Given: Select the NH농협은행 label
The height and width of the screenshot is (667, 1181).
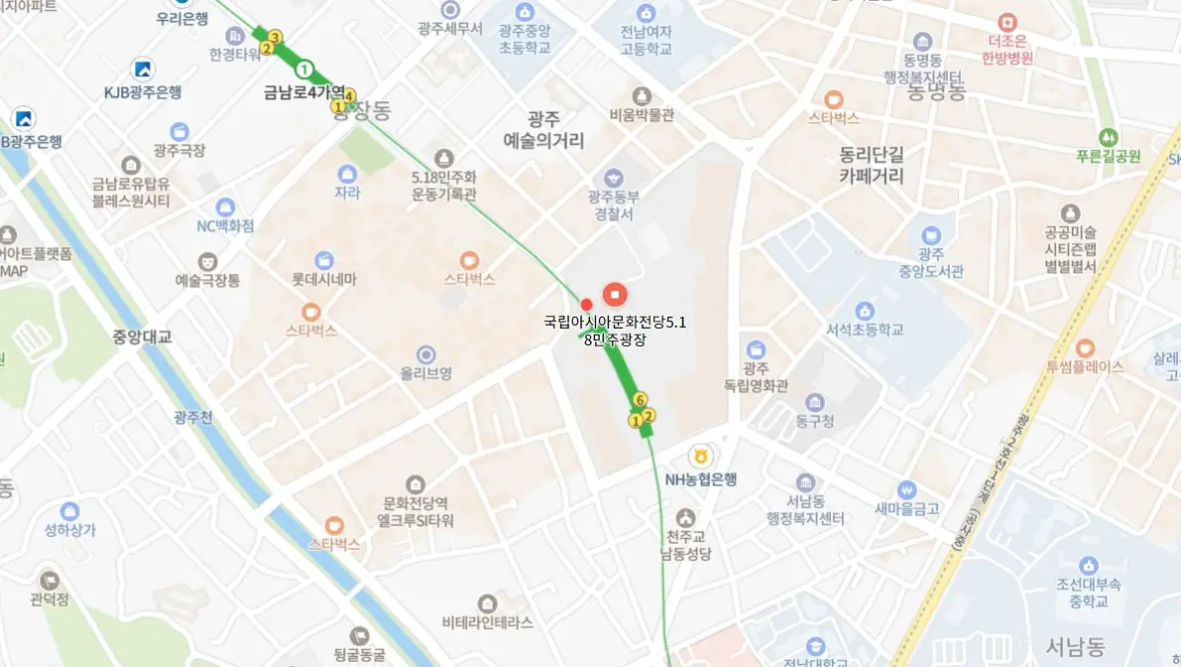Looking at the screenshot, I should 701,479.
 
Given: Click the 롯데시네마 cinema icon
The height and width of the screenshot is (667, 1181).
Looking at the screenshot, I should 323,260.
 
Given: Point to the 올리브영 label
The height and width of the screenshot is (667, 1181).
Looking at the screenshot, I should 426,373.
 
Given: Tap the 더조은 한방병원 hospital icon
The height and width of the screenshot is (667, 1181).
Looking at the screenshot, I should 1008,21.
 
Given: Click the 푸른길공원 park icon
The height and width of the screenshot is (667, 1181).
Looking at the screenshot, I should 1107,136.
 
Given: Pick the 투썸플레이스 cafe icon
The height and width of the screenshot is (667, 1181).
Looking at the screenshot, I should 1084,347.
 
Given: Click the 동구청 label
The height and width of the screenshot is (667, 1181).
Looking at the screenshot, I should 814,421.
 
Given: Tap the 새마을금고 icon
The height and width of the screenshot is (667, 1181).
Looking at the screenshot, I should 906,489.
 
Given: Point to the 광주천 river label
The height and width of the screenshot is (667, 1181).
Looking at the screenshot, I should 192,417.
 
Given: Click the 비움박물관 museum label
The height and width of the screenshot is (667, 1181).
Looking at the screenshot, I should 642,114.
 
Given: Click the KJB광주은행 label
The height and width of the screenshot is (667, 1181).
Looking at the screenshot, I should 143,92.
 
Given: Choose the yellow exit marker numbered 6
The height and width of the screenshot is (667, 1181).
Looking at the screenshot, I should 641,399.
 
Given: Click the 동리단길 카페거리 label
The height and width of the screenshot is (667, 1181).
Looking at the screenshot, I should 872,166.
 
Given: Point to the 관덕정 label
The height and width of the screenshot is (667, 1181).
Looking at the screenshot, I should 50,600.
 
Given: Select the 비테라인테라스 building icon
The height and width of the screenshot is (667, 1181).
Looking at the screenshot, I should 487,603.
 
